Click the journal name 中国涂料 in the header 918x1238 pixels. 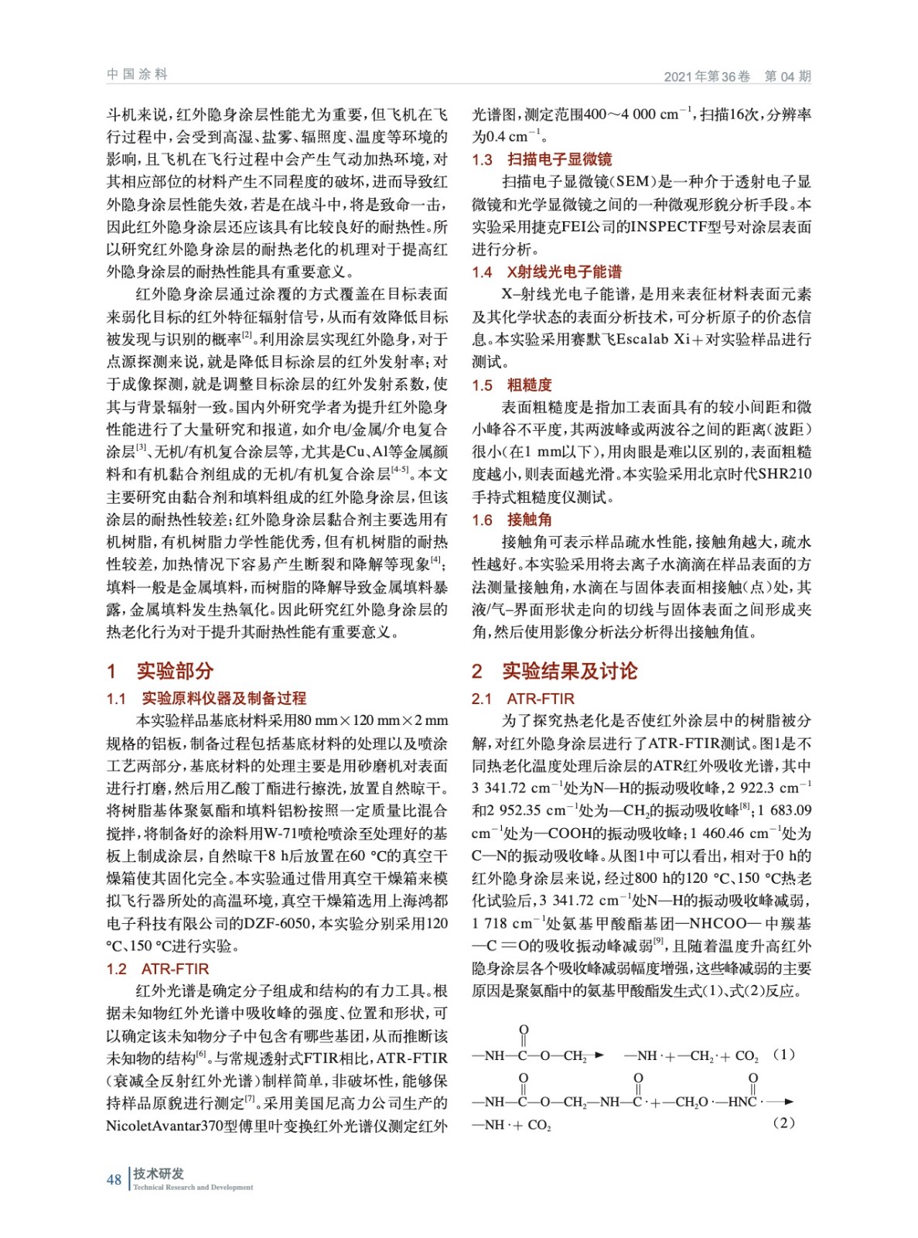tap(137, 74)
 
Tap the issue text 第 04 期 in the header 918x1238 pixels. tap(787, 76)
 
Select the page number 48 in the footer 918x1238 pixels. tap(114, 1179)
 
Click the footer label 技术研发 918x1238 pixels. tap(159, 1173)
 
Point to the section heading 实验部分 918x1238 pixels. tap(175, 670)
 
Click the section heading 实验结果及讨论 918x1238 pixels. tap(569, 670)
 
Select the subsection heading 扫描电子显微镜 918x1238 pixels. tap(559, 159)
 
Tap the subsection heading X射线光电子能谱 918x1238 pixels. tap(564, 272)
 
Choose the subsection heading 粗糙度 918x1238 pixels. tap(529, 385)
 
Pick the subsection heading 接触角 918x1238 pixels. tap(529, 519)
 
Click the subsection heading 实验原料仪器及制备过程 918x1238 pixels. tap(224, 698)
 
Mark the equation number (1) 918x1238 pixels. tap(783, 1054)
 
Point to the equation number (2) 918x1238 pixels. tap(783, 1122)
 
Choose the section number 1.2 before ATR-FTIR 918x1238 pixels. tap(116, 969)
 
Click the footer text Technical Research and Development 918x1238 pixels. tap(193, 1187)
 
